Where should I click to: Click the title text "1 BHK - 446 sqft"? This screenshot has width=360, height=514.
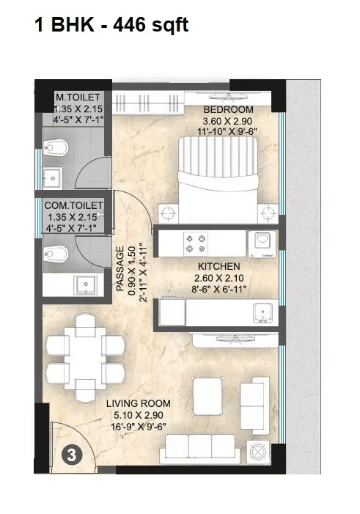click(111, 26)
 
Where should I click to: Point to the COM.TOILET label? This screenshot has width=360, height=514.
click(73, 205)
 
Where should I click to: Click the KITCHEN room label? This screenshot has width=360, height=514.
click(215, 267)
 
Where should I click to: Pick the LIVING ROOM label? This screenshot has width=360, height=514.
click(138, 403)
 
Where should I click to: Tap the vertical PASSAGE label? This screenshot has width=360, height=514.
click(121, 270)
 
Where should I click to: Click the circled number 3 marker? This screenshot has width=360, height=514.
click(71, 455)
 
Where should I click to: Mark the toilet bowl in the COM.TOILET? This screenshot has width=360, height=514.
click(57, 254)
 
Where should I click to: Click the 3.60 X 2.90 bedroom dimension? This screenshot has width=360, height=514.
click(227, 122)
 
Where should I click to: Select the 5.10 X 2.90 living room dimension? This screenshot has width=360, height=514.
click(138, 415)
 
